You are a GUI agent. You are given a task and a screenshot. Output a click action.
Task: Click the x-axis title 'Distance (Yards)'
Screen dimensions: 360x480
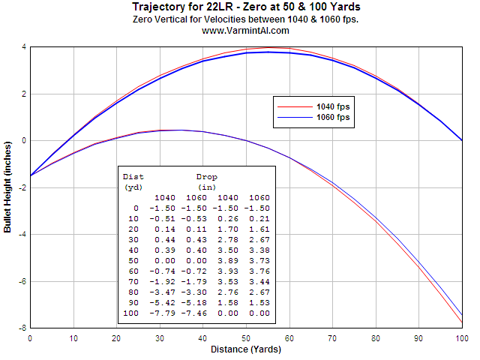(245, 349)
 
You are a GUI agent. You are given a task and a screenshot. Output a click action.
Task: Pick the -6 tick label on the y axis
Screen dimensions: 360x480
(22, 281)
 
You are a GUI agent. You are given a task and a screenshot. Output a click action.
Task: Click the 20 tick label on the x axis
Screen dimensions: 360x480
(116, 338)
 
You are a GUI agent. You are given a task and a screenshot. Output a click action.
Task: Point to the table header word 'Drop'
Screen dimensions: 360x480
(207, 177)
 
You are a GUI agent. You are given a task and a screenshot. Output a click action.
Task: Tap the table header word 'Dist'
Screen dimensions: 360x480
(133, 177)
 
